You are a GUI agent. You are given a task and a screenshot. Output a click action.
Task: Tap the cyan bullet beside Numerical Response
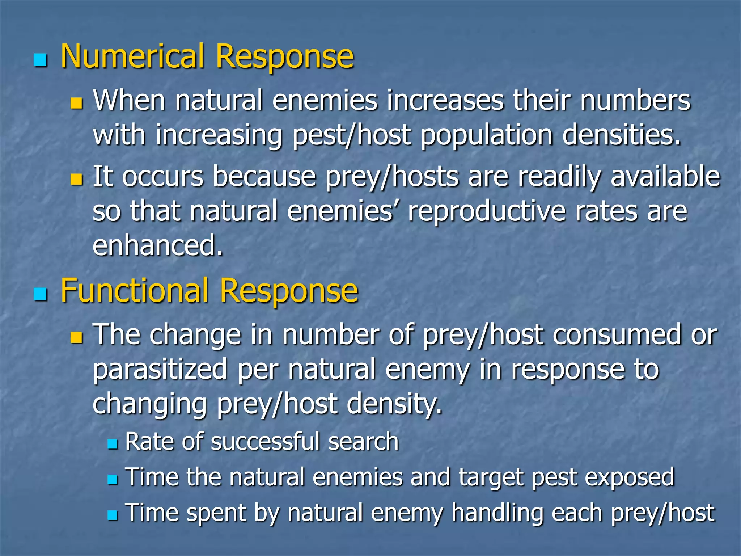pyautogui.click(x=40, y=60)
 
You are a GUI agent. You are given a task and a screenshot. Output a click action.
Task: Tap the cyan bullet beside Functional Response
pyautogui.click(x=40, y=294)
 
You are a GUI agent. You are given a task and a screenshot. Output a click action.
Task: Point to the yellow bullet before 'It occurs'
pyautogui.click(x=76, y=179)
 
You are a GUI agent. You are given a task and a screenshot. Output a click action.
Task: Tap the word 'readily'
pyautogui.click(x=559, y=177)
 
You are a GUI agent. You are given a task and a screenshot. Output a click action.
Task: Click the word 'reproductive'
pyautogui.click(x=487, y=211)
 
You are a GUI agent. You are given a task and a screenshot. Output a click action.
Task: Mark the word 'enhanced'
pyautogui.click(x=157, y=245)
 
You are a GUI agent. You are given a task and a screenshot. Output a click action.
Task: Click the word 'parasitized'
pyautogui.click(x=160, y=369)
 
